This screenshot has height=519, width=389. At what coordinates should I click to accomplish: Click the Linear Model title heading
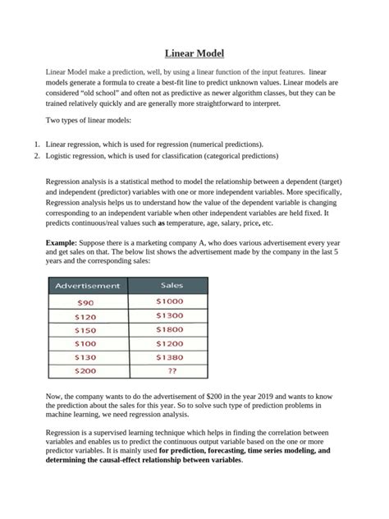[194, 54]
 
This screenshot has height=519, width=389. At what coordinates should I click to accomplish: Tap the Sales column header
[170, 286]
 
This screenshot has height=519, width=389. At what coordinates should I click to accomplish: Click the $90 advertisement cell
[85, 301]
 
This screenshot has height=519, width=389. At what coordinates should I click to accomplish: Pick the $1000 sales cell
[170, 301]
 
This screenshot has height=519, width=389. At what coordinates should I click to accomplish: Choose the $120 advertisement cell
[85, 316]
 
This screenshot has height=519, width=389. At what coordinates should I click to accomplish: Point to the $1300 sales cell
[170, 315]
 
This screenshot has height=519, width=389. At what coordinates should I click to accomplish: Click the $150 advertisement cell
[85, 330]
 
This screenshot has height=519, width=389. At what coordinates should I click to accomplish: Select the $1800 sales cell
[170, 329]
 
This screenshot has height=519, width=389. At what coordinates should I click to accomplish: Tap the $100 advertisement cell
[85, 344]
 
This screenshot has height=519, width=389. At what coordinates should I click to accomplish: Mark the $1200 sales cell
[170, 343]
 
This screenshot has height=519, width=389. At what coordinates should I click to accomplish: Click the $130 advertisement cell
[85, 358]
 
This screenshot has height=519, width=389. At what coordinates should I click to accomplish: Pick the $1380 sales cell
[170, 358]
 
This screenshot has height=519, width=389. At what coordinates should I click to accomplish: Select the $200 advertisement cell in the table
[85, 372]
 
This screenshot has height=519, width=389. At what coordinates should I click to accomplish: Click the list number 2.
[37, 155]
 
